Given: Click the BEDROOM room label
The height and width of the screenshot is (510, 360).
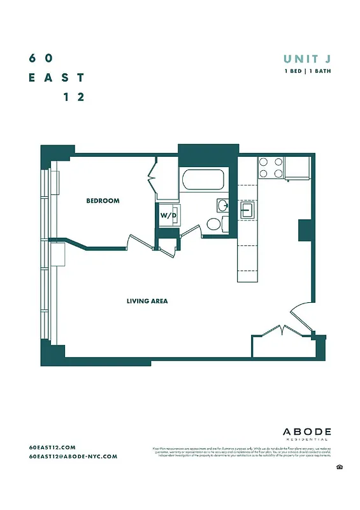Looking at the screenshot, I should point(103,201).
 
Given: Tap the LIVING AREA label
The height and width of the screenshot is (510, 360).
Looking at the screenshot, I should point(147,300).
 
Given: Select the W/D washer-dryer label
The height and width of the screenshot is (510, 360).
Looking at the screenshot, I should point(168,215).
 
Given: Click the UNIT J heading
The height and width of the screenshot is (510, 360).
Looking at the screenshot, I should point(307,59).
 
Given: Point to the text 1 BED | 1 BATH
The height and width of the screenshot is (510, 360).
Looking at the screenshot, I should point(307,71).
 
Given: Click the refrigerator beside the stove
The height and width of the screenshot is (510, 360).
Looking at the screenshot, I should point(297,167).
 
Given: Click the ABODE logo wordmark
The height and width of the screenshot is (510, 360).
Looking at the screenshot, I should point(306,431).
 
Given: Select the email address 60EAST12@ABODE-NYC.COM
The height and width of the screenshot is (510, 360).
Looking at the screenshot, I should point(73,456).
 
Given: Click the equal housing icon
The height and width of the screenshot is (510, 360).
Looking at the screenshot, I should point(340,468).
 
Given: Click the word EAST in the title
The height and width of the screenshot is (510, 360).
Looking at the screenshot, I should point(57,77).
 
